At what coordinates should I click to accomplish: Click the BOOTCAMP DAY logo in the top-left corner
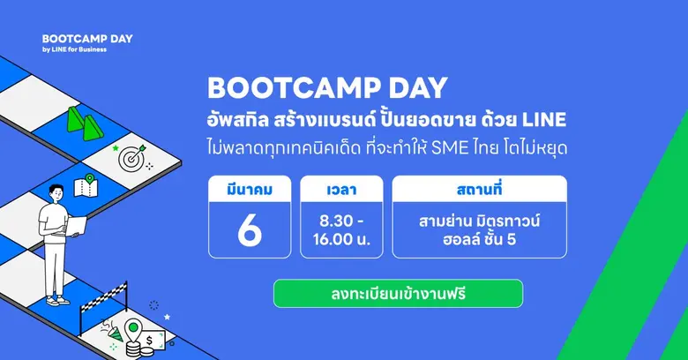(74, 40)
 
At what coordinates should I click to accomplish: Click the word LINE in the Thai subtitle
(543, 118)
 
